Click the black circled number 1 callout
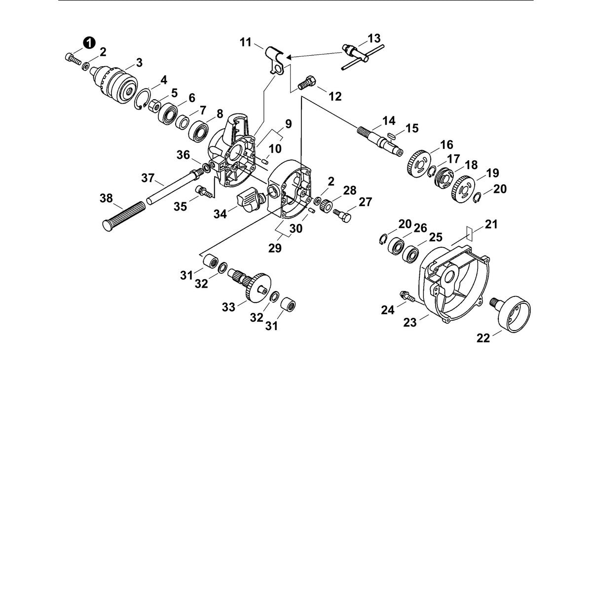coord(89,43)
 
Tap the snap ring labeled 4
coord(143,99)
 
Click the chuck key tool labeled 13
coord(363,57)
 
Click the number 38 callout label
coord(106,198)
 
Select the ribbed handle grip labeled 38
coord(123,216)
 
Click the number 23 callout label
coord(410,322)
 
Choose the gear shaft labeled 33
coord(251,284)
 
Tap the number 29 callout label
coord(275,248)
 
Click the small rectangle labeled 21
coord(469,233)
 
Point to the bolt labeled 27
coord(342,216)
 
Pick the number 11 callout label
coord(246,42)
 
